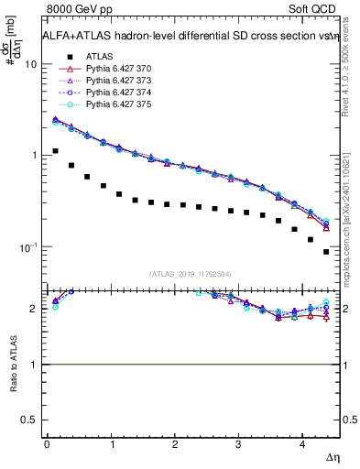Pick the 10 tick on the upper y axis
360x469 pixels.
[31, 65]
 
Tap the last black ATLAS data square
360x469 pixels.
[326, 252]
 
